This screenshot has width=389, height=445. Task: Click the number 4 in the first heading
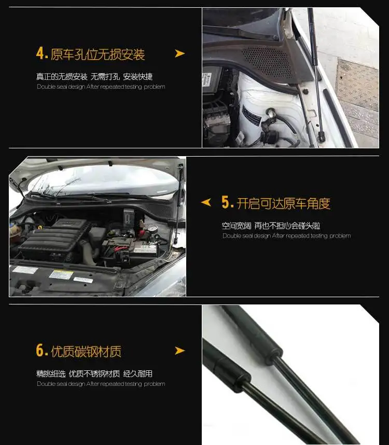41,53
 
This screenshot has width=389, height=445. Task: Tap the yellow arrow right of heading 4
179,53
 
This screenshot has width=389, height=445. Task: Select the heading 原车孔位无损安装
98,54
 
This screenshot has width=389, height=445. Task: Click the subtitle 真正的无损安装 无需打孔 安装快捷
94,77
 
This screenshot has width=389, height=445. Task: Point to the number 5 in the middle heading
227,203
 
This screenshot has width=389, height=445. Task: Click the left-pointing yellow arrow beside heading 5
206,202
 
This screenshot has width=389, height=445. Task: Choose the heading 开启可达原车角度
283,203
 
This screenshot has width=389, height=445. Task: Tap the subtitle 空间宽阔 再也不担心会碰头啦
271,226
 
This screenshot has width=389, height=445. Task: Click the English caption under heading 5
286,236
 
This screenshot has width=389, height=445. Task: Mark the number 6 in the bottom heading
41,351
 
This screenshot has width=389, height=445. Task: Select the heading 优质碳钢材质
86,352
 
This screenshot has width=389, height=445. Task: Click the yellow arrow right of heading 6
179,351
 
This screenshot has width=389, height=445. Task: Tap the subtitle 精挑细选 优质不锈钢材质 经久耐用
94,374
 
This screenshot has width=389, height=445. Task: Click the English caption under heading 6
101,384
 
